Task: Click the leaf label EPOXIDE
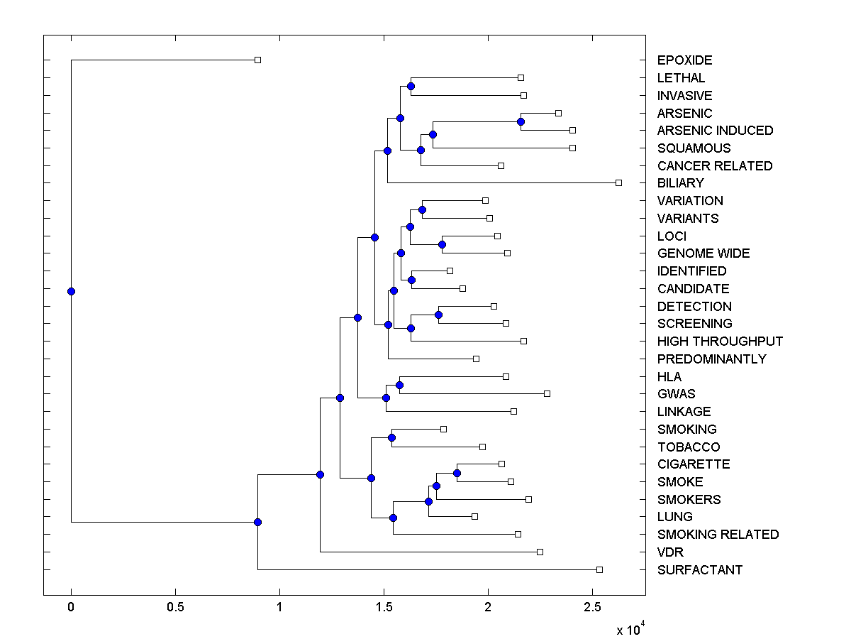(684, 60)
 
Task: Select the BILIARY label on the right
(680, 183)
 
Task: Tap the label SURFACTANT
(699, 570)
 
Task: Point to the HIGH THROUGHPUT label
(720, 342)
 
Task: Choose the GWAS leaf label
(676, 394)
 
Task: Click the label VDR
(670, 552)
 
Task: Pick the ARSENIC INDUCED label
(715, 131)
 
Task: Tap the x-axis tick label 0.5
(175, 607)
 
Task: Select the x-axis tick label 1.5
(384, 607)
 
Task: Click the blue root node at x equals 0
(71, 291)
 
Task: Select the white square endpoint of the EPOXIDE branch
(258, 60)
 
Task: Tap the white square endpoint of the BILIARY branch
(618, 183)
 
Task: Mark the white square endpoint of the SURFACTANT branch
(599, 569)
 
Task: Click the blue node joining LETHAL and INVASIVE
(411, 86)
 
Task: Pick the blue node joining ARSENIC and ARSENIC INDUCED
(521, 122)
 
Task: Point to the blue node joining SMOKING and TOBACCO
(392, 437)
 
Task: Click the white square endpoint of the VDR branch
(540, 552)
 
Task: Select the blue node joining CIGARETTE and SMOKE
(457, 473)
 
